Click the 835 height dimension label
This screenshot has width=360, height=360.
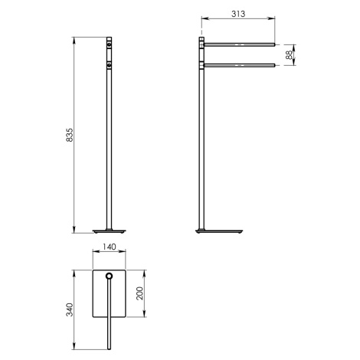pos(70,135)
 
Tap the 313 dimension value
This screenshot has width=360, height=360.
pos(238,14)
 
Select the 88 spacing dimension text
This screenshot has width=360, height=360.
pos(289,55)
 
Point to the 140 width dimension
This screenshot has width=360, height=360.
pos(109,247)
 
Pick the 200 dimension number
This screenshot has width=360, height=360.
pos(139,293)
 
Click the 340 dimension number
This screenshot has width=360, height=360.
pos(70,309)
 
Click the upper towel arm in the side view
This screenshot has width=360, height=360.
pos(239,44)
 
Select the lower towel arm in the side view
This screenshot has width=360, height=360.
pos(239,65)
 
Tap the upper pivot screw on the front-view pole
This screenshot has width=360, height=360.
pos(110,45)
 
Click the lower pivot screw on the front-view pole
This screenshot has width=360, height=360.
pos(110,66)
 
